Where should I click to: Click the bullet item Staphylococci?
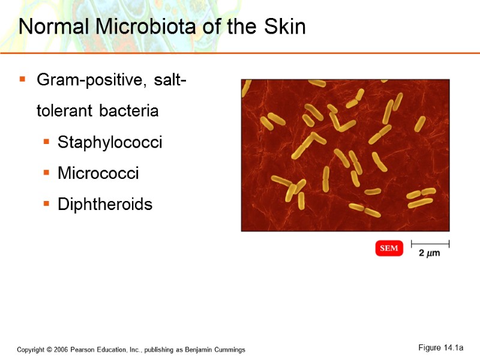[110, 143]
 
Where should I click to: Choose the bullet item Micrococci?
[98, 174]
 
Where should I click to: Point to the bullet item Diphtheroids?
[105, 205]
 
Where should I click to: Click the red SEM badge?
[389, 248]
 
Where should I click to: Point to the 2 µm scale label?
[429, 253]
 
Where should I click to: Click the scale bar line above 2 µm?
[430, 244]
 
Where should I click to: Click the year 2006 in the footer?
[59, 350]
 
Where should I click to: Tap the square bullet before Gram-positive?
[22, 79]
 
